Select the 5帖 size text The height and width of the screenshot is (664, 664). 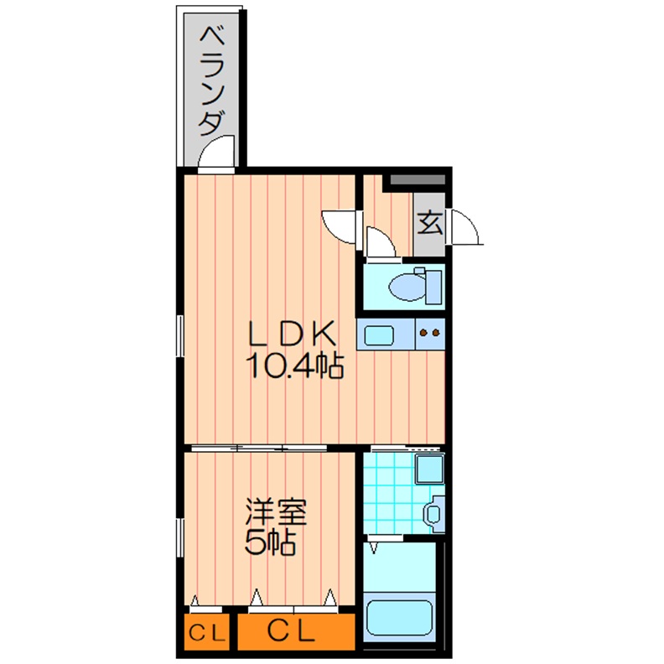coord(269,543)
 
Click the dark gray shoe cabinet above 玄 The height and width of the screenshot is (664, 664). coord(416,179)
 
